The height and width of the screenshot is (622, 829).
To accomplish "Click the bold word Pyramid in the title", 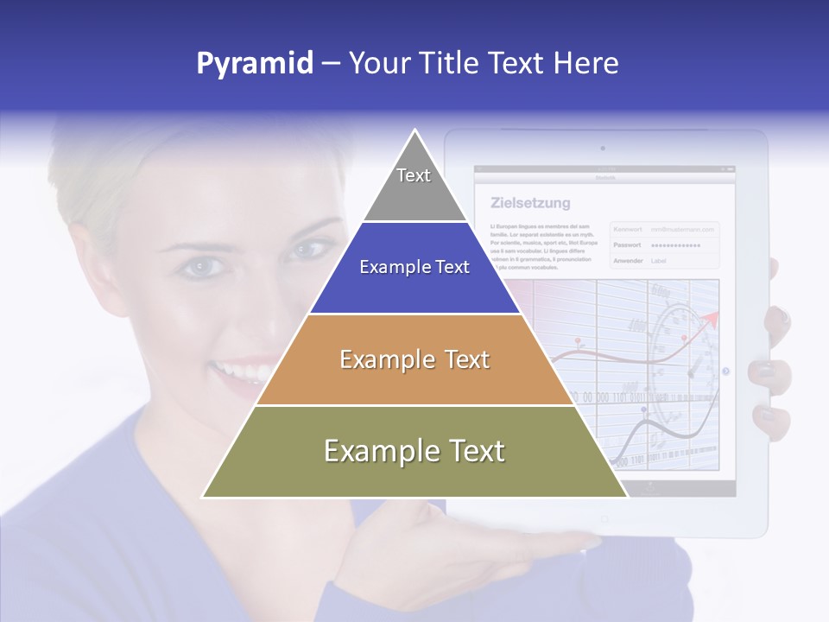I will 255,63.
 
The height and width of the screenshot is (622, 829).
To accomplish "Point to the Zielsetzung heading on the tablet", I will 530,204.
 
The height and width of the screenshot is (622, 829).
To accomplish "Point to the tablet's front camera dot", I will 602,149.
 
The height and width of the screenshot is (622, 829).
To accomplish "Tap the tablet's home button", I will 604,518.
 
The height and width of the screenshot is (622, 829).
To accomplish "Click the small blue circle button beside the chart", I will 725,371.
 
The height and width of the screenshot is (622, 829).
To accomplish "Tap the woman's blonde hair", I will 112,181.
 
